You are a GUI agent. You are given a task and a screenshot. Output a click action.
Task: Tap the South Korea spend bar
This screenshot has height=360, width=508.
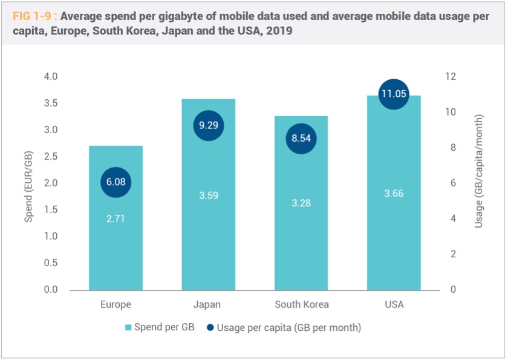click(301, 242)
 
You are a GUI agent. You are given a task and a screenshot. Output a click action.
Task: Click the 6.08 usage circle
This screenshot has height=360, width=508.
click(116, 182)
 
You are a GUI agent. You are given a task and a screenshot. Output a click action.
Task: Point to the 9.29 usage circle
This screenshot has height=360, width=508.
click(208, 126)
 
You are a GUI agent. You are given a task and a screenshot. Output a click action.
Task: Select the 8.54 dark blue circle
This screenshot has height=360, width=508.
click(301, 139)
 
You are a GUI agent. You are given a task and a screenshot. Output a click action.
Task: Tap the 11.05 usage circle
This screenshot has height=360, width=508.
click(394, 94)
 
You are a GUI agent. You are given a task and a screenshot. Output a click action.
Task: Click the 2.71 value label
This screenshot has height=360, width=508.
click(116, 218)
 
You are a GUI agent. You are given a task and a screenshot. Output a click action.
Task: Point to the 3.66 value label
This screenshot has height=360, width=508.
click(394, 194)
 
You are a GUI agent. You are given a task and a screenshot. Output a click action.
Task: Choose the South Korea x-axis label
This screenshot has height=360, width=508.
click(301, 304)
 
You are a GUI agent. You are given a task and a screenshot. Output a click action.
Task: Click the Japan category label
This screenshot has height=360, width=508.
click(208, 304)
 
